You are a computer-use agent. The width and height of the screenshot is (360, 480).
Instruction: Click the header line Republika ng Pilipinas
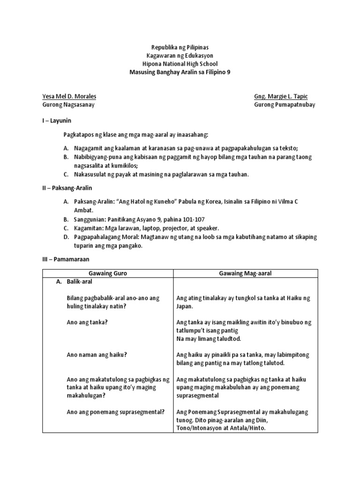click(180, 47)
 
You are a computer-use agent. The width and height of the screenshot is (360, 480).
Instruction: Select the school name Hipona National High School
click(180, 64)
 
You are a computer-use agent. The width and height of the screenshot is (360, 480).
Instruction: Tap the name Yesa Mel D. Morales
click(69, 97)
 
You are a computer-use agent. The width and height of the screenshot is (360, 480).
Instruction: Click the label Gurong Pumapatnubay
click(285, 105)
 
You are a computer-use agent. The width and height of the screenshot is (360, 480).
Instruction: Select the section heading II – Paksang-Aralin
click(67, 188)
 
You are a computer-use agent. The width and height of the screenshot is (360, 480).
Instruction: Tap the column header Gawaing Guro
click(108, 273)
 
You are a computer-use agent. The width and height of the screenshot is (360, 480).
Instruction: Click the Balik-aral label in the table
click(78, 282)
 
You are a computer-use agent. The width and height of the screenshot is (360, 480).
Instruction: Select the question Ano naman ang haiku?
click(97, 355)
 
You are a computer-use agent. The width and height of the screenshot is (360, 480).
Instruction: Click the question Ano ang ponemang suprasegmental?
click(116, 412)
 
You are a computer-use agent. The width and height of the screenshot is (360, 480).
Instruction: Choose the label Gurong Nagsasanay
click(68, 105)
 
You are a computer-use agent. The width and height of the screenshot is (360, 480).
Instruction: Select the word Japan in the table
click(184, 307)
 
